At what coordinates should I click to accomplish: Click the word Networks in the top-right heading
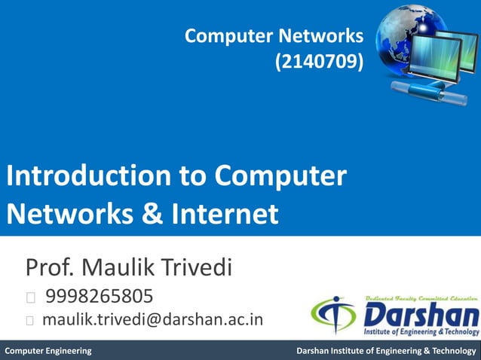323,35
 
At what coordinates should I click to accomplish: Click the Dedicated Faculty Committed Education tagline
420,299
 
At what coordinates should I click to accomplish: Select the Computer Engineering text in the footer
48,351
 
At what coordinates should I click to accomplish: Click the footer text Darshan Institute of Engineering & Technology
386,351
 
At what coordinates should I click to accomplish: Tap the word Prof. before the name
51,267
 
